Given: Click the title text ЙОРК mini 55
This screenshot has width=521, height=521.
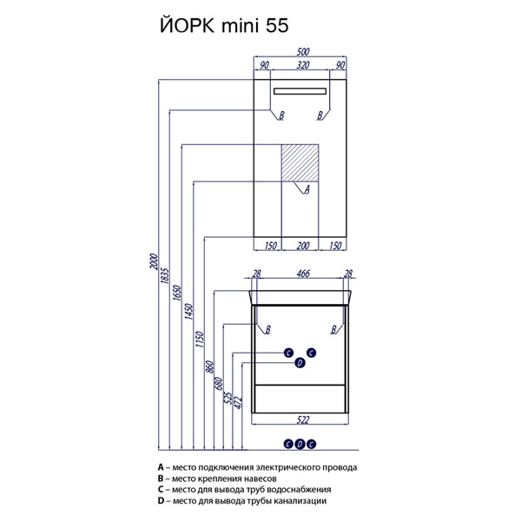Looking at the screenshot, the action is (224, 25).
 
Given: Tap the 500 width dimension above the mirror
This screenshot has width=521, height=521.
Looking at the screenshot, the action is (303, 52).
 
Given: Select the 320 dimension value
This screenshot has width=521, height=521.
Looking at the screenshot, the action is (303, 65).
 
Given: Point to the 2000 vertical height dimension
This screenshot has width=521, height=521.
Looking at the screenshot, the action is (153, 261).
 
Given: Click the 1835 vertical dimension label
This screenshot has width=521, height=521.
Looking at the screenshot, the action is (165, 275).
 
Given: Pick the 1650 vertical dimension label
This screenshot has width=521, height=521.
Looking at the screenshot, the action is (177, 293).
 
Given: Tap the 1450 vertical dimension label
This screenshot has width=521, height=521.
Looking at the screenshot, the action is (188, 312).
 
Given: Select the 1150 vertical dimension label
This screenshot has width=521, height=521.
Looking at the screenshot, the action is (200, 340).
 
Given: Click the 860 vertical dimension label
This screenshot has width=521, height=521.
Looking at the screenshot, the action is (209, 366).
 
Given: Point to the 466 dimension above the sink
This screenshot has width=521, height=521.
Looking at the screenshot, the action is (303, 274).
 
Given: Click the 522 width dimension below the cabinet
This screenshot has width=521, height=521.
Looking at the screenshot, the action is (303, 420).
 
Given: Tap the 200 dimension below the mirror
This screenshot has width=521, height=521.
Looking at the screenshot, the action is (303, 246).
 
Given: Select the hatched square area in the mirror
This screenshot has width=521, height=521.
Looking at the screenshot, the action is (300, 163).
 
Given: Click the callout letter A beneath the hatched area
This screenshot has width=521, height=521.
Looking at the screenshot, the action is (307, 189).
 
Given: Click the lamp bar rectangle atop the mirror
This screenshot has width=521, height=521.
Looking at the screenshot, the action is (300, 91).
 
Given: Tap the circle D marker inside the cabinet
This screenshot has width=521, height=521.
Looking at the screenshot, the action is (300, 363).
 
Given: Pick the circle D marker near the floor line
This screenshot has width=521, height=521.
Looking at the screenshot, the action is (300, 444).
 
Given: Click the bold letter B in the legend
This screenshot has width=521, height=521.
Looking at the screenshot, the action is (161, 478).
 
